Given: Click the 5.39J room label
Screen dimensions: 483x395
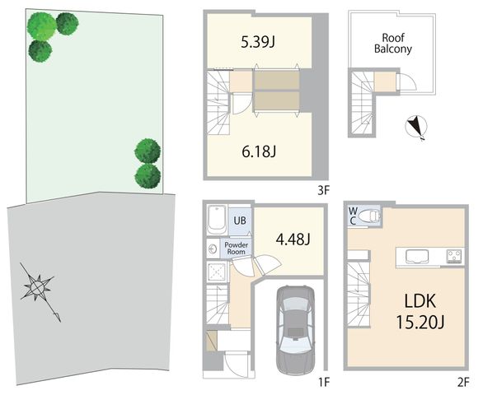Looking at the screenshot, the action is pyautogui.click(x=258, y=42).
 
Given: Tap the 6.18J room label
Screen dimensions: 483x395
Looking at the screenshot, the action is pyautogui.click(x=259, y=151).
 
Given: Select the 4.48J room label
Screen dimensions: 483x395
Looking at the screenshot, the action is pyautogui.click(x=293, y=239).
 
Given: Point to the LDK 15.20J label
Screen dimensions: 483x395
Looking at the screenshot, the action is pyautogui.click(x=420, y=312).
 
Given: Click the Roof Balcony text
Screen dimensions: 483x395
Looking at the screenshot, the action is pyautogui.click(x=392, y=44).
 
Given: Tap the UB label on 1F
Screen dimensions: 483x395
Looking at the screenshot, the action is pyautogui.click(x=240, y=221).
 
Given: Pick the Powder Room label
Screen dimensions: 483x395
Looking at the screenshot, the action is pyautogui.click(x=237, y=249).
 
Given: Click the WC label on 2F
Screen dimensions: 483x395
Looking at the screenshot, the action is pyautogui.click(x=353, y=216).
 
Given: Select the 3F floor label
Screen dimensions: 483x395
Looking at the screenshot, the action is pyautogui.click(x=323, y=191).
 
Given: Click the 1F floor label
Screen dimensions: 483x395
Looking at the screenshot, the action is pyautogui.click(x=323, y=383).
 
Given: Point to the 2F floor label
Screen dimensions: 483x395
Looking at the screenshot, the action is pyautogui.click(x=463, y=383).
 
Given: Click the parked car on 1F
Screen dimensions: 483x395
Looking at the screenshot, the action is pyautogui.click(x=295, y=329).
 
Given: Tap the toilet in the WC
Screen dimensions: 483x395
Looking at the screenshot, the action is pyautogui.click(x=370, y=216).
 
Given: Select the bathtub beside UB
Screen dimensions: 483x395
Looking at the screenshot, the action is pyautogui.click(x=217, y=220).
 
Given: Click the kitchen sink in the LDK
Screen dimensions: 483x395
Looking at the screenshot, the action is pyautogui.click(x=417, y=256).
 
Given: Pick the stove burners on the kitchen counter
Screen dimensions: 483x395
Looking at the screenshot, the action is pyautogui.click(x=454, y=256).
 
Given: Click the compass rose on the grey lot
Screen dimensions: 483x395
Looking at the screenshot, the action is pyautogui.click(x=37, y=287).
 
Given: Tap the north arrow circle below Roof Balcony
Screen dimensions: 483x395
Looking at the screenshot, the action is pyautogui.click(x=416, y=127).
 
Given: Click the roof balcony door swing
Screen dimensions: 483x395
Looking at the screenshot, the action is pyautogui.click(x=406, y=81).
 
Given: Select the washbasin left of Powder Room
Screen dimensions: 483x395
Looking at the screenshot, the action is pyautogui.click(x=213, y=249).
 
